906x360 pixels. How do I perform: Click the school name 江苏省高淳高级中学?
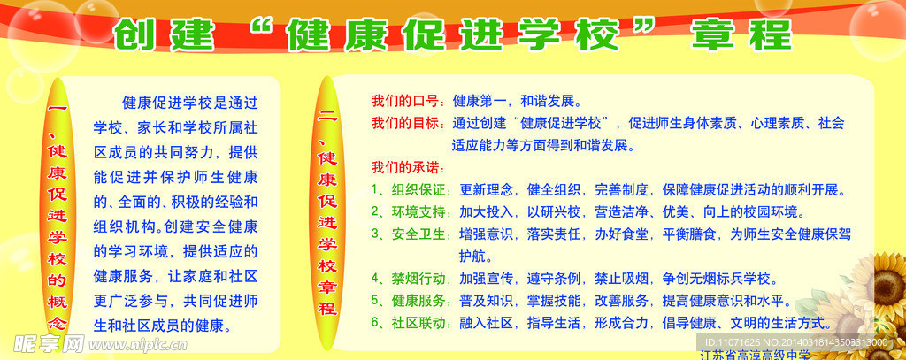point(755,355)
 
